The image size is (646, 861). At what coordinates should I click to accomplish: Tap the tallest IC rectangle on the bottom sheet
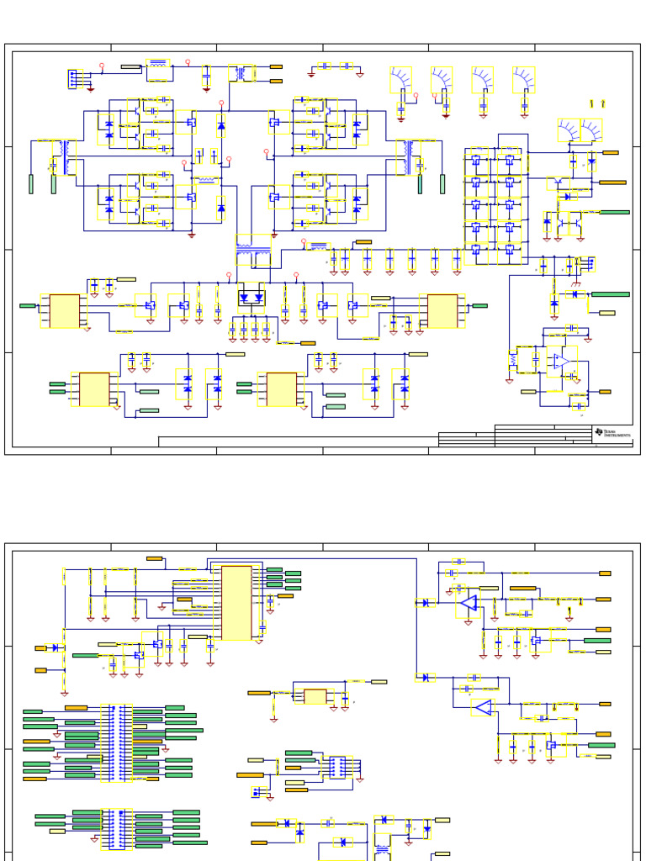click(x=236, y=602)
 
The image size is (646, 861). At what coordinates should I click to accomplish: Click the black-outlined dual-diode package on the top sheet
click(x=251, y=298)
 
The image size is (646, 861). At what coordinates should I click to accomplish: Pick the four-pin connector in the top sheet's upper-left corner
click(x=74, y=78)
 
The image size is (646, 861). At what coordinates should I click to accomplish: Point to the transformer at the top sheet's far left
click(x=64, y=156)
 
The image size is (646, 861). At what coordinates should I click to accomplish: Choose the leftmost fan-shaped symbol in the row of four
click(x=401, y=80)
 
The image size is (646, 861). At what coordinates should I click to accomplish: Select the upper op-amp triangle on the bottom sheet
click(x=468, y=603)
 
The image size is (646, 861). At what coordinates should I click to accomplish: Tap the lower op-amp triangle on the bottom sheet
click(x=483, y=707)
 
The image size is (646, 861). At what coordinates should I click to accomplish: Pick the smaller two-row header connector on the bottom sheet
click(x=116, y=828)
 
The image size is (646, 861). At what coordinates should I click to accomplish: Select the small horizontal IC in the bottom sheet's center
click(x=315, y=696)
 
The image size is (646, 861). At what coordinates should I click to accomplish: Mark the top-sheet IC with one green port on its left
click(x=65, y=311)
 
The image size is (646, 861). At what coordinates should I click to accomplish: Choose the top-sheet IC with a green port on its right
click(x=442, y=310)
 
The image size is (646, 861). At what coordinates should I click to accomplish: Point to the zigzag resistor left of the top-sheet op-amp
click(x=512, y=360)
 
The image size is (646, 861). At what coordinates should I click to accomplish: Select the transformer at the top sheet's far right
click(x=410, y=156)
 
